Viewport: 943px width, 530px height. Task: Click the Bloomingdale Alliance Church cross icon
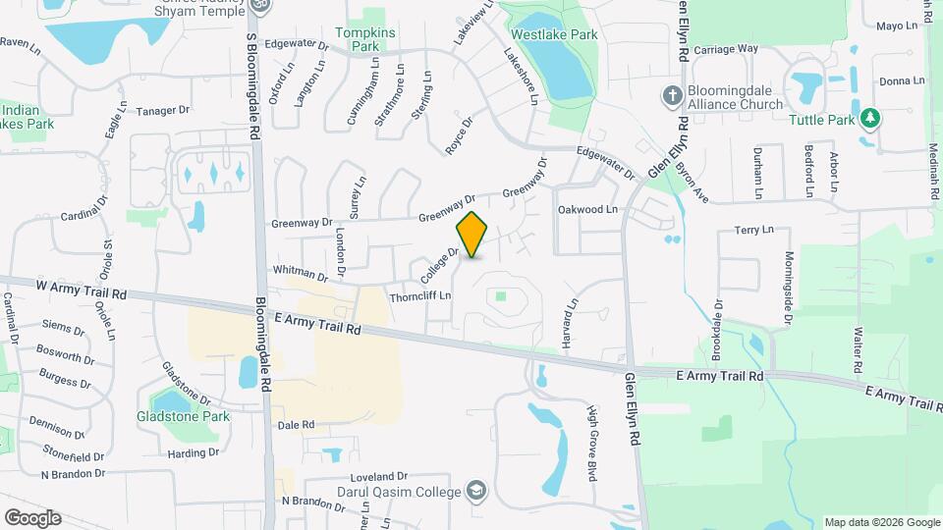coord(672,95)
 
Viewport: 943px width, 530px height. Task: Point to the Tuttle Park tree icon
coord(869,119)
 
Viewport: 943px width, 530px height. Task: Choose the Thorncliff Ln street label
coord(419,295)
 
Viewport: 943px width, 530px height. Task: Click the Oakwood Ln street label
coord(586,209)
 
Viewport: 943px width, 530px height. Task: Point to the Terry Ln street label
coord(753,230)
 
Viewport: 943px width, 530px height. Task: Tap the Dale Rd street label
coord(295,425)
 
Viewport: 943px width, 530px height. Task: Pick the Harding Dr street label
coord(193,453)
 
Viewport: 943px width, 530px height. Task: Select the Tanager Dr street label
coord(161,110)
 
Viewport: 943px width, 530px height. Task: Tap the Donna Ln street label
coord(902,80)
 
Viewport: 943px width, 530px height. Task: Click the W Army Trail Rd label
coord(83,291)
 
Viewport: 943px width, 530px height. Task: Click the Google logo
coord(31,517)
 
